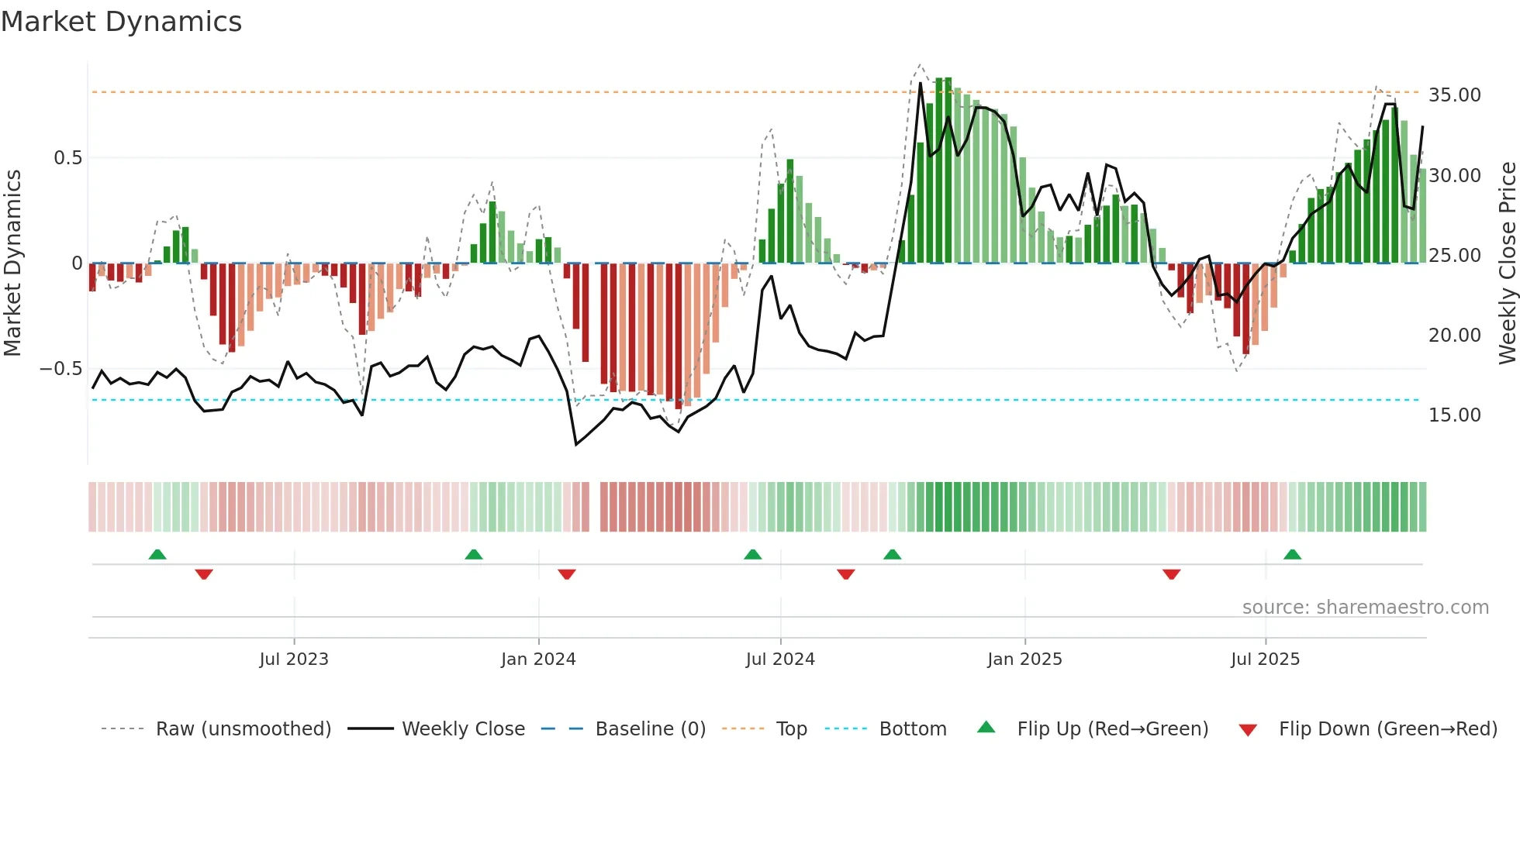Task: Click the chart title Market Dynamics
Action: point(122,22)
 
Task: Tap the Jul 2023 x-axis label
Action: point(294,659)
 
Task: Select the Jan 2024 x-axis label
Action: point(538,659)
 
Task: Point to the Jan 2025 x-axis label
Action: point(1024,659)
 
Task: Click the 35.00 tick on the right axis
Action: point(1454,95)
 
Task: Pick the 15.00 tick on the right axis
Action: point(1454,415)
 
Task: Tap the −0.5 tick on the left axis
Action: point(60,369)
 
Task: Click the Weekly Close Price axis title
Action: point(1507,263)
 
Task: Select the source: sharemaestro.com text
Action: point(1365,608)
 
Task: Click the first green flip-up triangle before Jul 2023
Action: point(157,555)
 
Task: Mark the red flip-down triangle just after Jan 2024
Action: point(567,574)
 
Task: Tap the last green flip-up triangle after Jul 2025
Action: point(1292,555)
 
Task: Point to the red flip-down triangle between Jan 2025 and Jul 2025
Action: point(1171,574)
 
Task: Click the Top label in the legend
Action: point(791,729)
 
